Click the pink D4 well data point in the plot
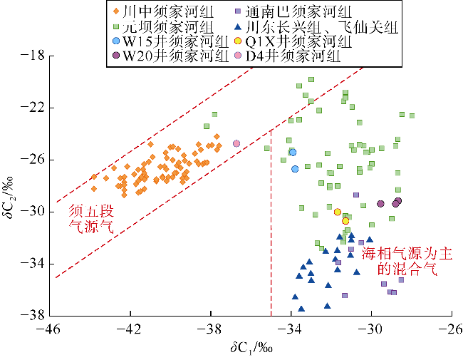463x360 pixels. (236, 143)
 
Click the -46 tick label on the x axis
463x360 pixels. (49, 330)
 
